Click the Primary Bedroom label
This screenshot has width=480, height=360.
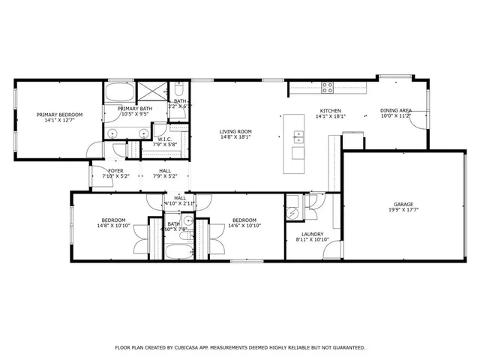[x=60, y=114]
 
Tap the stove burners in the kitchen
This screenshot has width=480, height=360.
[x=328, y=86]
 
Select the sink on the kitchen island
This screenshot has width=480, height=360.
[x=299, y=137]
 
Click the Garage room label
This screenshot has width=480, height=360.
[x=403, y=204]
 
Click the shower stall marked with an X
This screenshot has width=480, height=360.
[x=158, y=92]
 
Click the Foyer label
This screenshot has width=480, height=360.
[x=115, y=170]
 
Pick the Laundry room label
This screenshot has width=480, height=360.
[x=312, y=234]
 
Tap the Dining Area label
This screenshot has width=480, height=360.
[x=394, y=110]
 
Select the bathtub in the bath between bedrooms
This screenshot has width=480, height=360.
[x=178, y=251]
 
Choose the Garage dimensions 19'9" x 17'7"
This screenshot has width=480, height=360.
[x=403, y=211]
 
